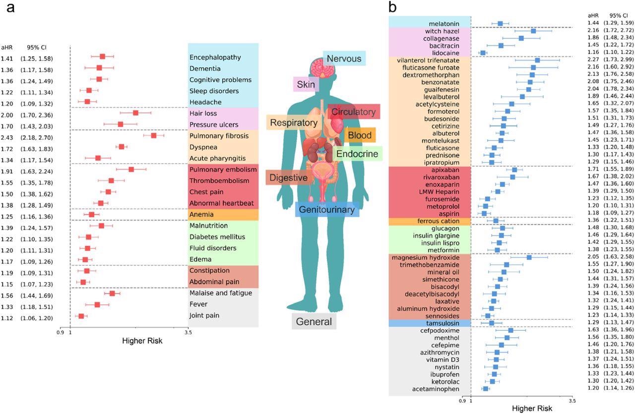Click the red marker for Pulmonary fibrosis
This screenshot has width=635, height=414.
coord(153,135)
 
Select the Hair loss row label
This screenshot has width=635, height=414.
coord(203,114)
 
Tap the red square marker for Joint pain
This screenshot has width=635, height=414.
coord(81,316)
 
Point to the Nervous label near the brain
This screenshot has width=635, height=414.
coord(344,59)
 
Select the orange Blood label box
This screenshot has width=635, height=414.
coord(360,135)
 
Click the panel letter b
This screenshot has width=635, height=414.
coord(392,7)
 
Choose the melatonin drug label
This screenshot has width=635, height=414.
coord(445,24)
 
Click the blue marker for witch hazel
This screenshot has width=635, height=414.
coord(533,31)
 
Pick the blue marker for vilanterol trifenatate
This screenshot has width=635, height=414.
coord(537,60)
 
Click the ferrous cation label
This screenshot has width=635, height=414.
coord(439,221)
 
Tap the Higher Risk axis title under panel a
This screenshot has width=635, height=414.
coord(142,341)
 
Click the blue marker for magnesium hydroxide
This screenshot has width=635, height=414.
coord(529,257)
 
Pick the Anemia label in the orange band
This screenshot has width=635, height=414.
coord(201,215)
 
